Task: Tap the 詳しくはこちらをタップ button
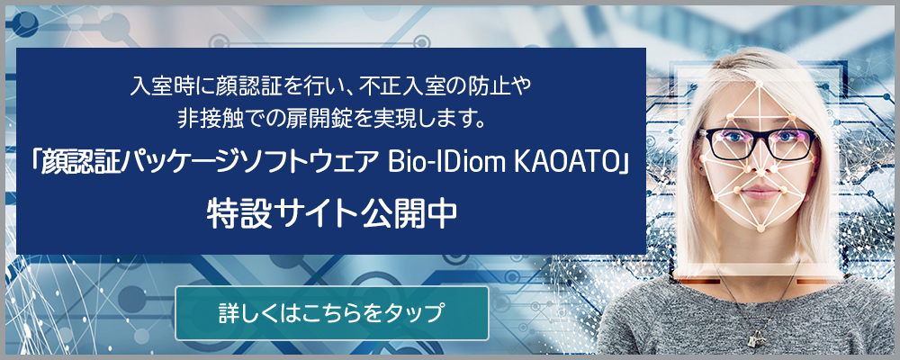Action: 331,313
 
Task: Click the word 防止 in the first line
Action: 486,88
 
